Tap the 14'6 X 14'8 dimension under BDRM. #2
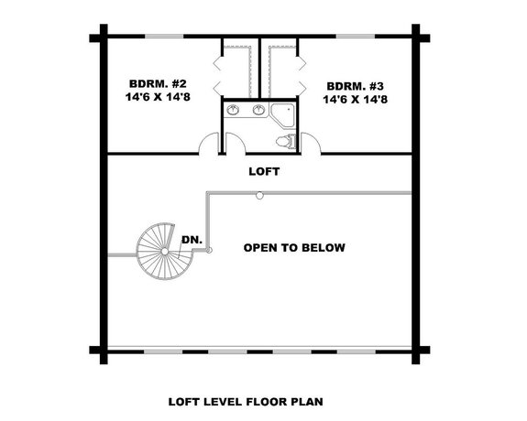point(152,94)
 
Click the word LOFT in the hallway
point(264,171)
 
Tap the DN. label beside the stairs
point(191,240)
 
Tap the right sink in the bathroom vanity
point(258,111)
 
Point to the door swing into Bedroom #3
point(311,143)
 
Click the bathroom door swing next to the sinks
point(233,143)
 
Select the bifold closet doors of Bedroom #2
point(220,73)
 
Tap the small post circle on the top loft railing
point(259,194)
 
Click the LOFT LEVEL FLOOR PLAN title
point(245,400)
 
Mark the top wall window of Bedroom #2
point(163,37)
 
